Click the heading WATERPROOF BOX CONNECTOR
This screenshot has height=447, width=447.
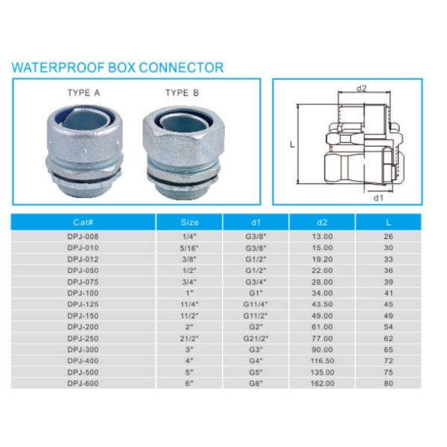[117, 68]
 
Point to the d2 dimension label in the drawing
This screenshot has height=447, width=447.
[362, 89]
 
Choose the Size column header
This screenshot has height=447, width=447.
[190, 222]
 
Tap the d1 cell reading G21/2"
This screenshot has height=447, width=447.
[256, 338]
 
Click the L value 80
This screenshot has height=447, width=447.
[388, 383]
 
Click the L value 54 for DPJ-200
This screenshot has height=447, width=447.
[388, 327]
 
